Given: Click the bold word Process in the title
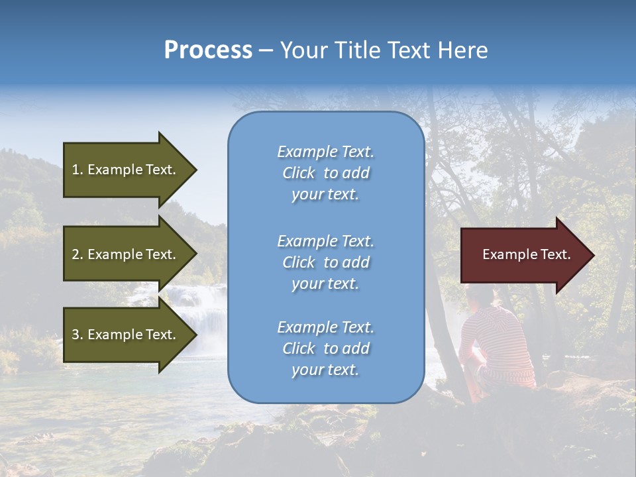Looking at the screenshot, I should (208, 50).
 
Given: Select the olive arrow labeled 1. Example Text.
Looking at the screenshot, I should (126, 170).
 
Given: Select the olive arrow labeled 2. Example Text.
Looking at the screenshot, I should (126, 254).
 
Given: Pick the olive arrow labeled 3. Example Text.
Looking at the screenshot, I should (126, 335).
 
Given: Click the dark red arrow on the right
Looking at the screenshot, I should (523, 254).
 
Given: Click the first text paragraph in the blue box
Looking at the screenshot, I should (325, 173).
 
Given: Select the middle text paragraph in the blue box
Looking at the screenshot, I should (325, 262).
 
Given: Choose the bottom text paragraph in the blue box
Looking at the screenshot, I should (325, 348).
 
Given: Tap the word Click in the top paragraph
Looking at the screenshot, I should (299, 173).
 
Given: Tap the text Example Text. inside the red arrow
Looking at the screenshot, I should (527, 254).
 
